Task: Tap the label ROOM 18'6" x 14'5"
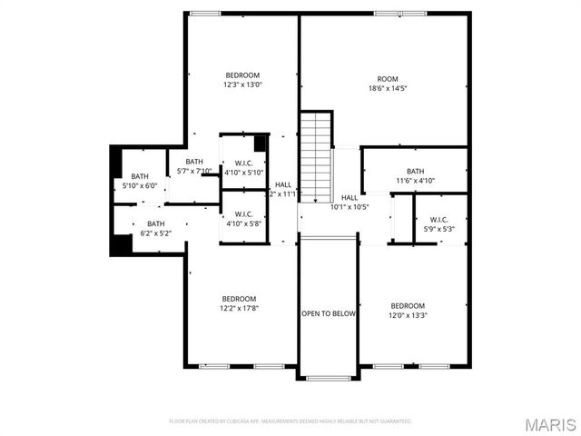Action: pyautogui.click(x=388, y=84)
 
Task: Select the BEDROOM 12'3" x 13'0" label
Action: pyautogui.click(x=242, y=80)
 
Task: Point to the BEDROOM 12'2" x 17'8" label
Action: pyautogui.click(x=240, y=303)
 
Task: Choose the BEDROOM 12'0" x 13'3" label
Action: pyautogui.click(x=408, y=311)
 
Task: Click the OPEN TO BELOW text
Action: pyautogui.click(x=328, y=313)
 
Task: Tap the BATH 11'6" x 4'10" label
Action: pyautogui.click(x=415, y=175)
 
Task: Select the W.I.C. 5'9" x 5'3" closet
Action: pyautogui.click(x=439, y=223)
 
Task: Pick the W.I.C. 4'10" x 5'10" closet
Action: pyautogui.click(x=243, y=168)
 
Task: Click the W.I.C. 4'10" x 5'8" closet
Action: pyautogui.click(x=243, y=219)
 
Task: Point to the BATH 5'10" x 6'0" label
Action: pyautogui.click(x=140, y=181)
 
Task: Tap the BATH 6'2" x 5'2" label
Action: pyautogui.click(x=156, y=229)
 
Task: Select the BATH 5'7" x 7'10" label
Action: pyautogui.click(x=192, y=165)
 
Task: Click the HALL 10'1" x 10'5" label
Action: pyautogui.click(x=350, y=202)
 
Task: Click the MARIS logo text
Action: pyautogui.click(x=550, y=424)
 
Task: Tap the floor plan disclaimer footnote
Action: pyautogui.click(x=290, y=421)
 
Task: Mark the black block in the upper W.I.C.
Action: pyautogui.click(x=260, y=143)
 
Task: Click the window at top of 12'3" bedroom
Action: pyautogui.click(x=205, y=13)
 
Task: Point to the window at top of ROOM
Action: pyautogui.click(x=400, y=13)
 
